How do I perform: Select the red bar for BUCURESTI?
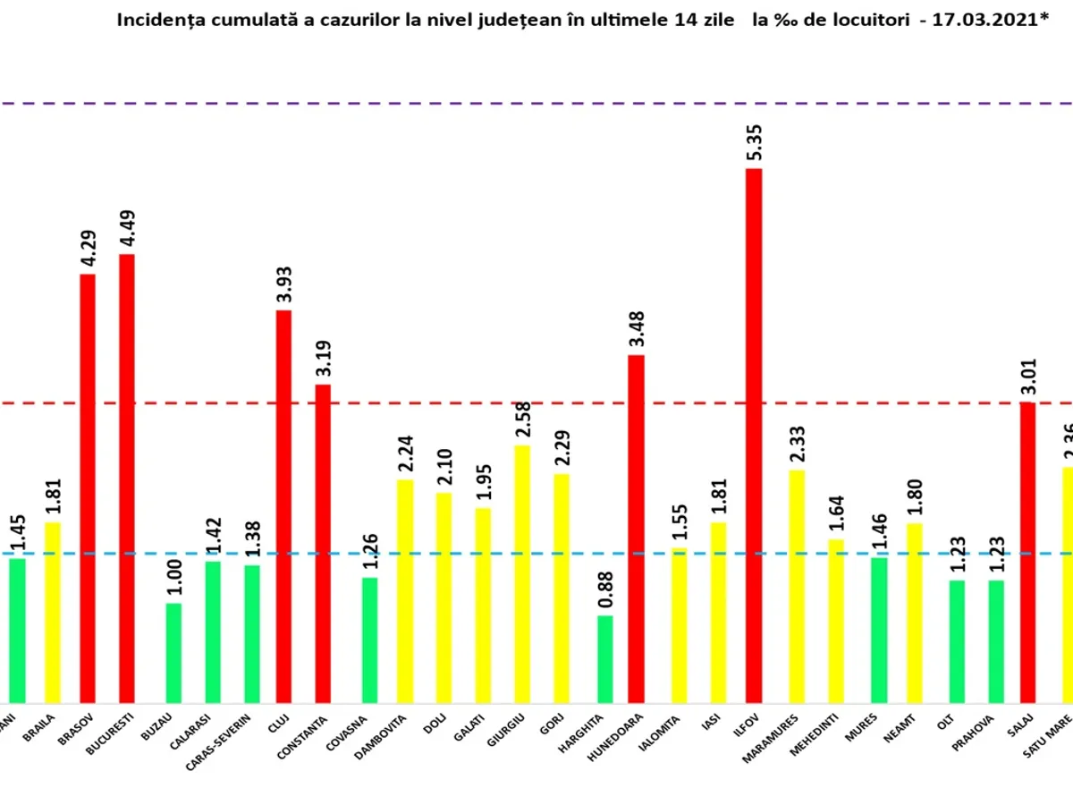click(x=127, y=479)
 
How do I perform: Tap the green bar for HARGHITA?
click(x=605, y=659)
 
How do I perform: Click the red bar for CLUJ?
click(x=283, y=506)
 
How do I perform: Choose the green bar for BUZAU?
click(x=173, y=653)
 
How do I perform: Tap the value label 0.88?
click(x=605, y=590)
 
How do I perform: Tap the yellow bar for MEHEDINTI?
click(x=835, y=621)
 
